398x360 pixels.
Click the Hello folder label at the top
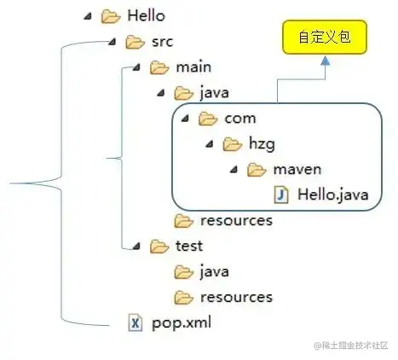[146, 15]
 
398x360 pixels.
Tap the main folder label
[193, 67]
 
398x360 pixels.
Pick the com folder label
[239, 119]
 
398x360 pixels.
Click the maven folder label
[297, 170]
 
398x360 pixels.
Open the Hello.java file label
[332, 195]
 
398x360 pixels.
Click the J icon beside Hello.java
[282, 195]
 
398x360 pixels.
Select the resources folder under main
[236, 220]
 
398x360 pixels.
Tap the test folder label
[189, 246]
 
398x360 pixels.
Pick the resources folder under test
[236, 297]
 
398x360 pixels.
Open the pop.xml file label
[181, 322]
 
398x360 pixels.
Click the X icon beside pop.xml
[135, 322]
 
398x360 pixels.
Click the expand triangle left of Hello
[88, 15]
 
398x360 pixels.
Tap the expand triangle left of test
[137, 247]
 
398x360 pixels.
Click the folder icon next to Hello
[111, 15]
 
